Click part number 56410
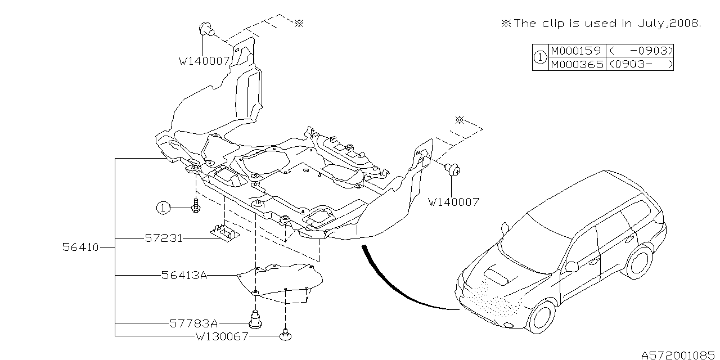[80, 247]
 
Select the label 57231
[163, 238]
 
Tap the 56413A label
[184, 276]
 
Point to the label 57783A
[193, 323]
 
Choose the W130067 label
[222, 336]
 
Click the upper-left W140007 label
[204, 61]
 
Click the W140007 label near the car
[453, 201]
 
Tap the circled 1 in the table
[539, 57]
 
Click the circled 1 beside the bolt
[163, 208]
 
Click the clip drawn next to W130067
[287, 336]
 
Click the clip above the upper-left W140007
[207, 29]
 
